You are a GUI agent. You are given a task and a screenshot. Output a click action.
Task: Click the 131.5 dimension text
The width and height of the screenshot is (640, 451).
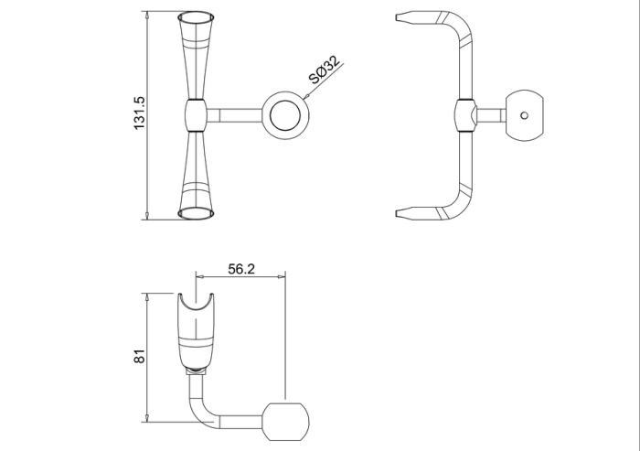pyautogui.click(x=140, y=113)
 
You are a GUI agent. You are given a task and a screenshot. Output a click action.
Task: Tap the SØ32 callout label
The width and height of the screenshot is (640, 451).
pyautogui.click(x=324, y=70)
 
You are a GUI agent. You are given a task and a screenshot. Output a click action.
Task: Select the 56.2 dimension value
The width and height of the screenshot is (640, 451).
pyautogui.click(x=241, y=269)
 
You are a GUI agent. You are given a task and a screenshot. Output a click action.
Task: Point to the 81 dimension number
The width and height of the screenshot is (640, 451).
pyautogui.click(x=140, y=356)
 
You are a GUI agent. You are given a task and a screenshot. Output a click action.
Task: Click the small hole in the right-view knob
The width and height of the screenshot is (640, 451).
pyautogui.click(x=524, y=115)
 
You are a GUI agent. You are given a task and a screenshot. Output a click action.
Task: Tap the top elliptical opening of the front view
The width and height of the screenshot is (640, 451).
pyautogui.click(x=197, y=17)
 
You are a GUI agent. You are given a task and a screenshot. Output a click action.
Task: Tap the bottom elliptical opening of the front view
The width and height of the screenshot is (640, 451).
pyautogui.click(x=197, y=213)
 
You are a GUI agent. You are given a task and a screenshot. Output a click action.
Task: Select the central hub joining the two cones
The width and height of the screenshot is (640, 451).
pyautogui.click(x=197, y=115)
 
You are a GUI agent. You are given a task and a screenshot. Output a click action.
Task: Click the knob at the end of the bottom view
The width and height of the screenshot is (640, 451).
pyautogui.click(x=285, y=422)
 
